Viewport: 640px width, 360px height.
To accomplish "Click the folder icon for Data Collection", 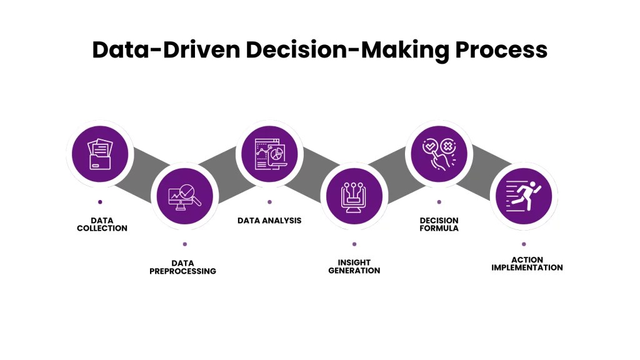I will point(100,153).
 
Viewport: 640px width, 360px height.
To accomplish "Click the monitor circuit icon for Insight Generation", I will point(354,195).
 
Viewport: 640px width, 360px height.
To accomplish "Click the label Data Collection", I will point(102,224).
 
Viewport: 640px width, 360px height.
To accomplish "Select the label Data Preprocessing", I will point(182,267).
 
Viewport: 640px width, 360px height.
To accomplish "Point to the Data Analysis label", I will point(269,221).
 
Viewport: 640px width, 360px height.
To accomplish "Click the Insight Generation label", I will point(354,267).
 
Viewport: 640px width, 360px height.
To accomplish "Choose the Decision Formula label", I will point(439,224).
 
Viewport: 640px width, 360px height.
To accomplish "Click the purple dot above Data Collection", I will point(100,202).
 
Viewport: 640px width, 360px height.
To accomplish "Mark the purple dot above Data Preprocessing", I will point(184,244).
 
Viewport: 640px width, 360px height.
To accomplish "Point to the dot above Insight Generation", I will point(354,244).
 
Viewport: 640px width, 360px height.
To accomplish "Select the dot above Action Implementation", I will point(524,244).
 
